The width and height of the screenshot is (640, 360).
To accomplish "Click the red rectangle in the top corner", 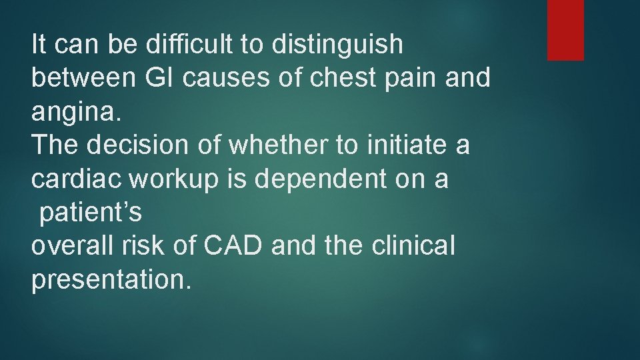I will pyautogui.click(x=565, y=30).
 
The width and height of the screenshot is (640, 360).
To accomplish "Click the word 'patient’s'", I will pyautogui.click(x=90, y=213).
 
